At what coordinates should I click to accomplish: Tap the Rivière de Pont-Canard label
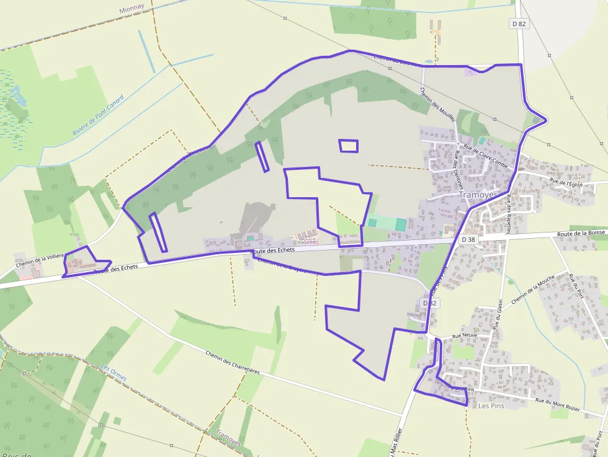tap(97, 115)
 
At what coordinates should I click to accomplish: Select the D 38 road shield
tap(468, 239)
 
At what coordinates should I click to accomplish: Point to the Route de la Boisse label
tap(580, 233)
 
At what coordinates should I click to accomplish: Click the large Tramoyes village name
tap(478, 195)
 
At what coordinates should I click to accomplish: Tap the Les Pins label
tap(491, 406)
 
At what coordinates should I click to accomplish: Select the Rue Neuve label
tap(465, 335)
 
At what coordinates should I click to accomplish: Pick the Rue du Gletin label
tap(498, 313)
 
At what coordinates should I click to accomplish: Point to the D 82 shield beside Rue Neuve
tap(429, 303)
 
